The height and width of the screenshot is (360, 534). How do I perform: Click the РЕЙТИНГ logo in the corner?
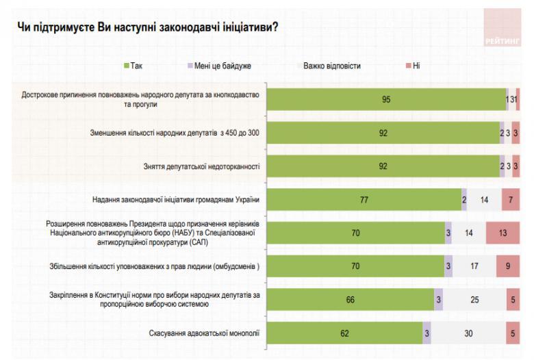pos(503,28)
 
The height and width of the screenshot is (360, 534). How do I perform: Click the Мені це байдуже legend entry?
pos(219,66)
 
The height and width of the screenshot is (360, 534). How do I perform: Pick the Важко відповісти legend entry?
pos(331,66)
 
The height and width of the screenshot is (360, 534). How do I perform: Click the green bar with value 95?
pos(385,99)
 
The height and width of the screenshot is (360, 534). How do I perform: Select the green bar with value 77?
pos(364,199)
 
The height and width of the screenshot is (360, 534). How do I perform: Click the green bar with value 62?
pos(344,333)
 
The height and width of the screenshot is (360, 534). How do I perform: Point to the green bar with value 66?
pos(350,300)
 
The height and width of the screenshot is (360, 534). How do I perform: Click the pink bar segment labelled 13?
pos(503,233)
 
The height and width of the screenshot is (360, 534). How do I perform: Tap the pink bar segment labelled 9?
pos(508,266)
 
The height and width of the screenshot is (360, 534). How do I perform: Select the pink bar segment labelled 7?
pos(511,199)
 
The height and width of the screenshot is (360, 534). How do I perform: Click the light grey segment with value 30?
pos(468,333)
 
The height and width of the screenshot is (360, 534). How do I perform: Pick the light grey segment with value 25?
pos(474,300)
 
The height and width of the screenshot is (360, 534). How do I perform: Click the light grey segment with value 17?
pos(474,266)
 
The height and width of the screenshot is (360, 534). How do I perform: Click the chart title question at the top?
pos(147,27)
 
